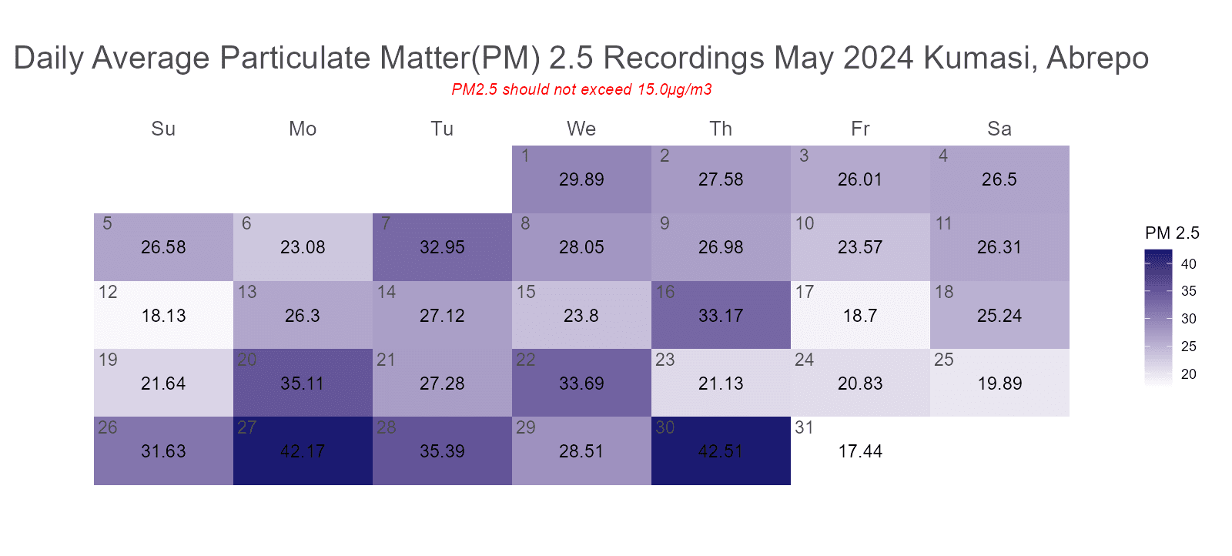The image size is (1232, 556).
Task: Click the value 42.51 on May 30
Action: tap(721, 451)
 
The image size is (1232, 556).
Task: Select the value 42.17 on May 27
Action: tap(303, 451)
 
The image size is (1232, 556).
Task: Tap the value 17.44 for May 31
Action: tap(860, 451)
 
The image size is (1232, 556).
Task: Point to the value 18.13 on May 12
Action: tap(163, 316)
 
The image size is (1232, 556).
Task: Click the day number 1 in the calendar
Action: tap(525, 156)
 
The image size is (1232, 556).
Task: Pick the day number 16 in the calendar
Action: tap(665, 292)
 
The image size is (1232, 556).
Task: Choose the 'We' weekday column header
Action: tap(581, 129)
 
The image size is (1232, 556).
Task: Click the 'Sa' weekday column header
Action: tap(999, 129)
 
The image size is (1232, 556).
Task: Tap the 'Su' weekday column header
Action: tap(163, 129)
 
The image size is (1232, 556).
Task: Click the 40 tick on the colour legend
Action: tap(1189, 264)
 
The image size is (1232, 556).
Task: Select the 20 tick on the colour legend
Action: tap(1189, 374)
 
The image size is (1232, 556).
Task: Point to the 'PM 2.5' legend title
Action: tap(1172, 233)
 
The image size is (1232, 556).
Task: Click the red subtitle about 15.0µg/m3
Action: tap(581, 89)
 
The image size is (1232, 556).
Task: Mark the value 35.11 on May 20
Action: tap(303, 384)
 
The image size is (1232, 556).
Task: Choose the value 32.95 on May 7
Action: tap(442, 247)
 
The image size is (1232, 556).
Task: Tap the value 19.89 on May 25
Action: tap(999, 384)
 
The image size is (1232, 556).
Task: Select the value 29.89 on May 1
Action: tap(581, 179)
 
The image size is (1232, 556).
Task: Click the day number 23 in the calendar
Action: tap(665, 360)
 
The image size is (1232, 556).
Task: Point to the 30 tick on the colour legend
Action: tap(1189, 319)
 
